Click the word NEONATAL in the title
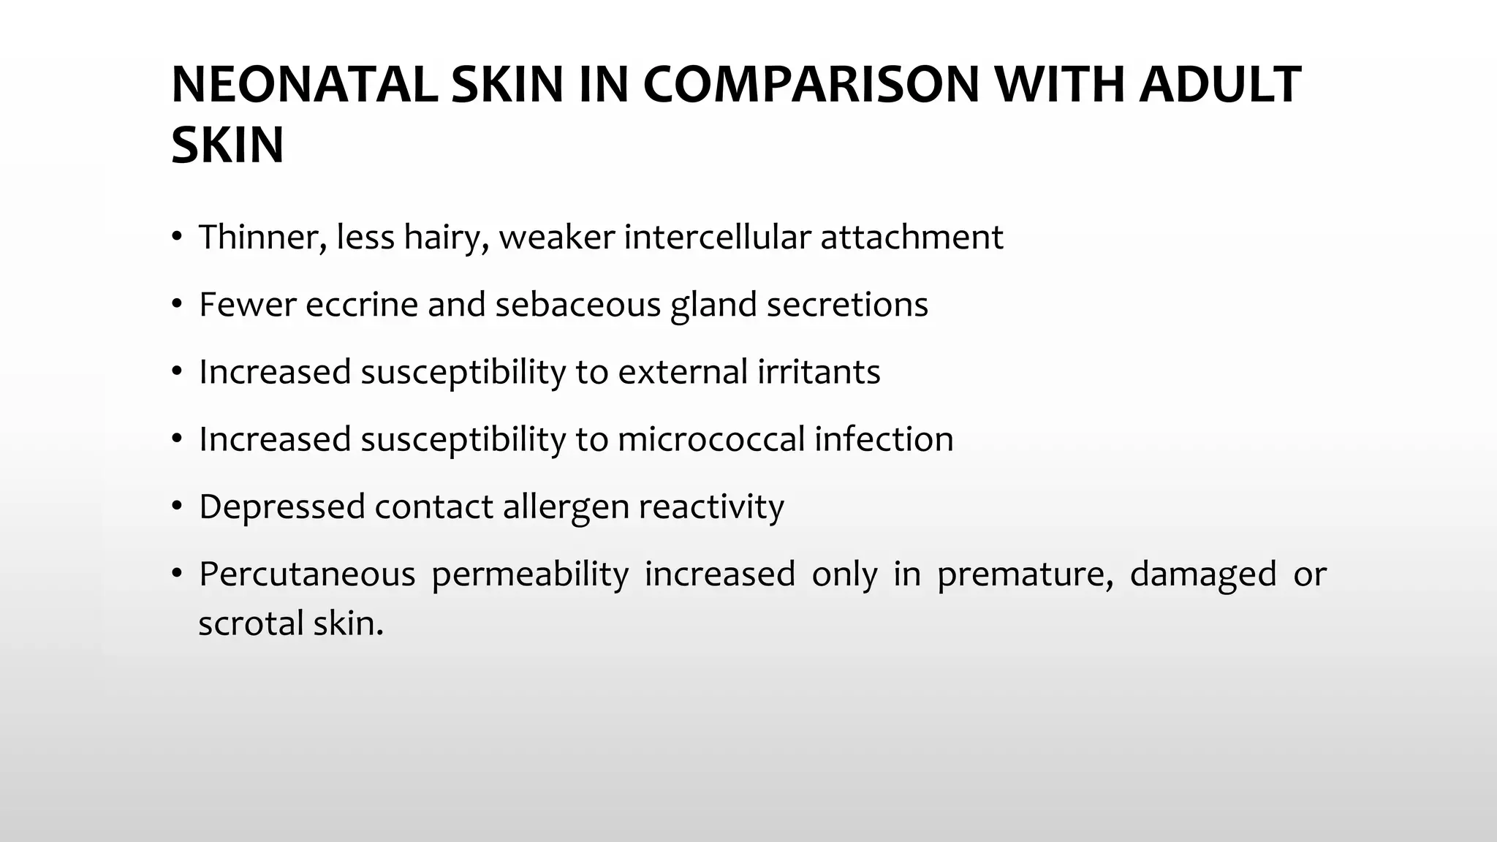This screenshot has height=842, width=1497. (x=304, y=86)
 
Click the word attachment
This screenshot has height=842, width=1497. (x=912, y=238)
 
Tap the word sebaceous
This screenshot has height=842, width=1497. (x=577, y=305)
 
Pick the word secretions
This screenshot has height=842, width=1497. (x=847, y=305)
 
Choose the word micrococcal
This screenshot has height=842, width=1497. (x=710, y=439)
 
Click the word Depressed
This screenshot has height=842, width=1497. (x=281, y=507)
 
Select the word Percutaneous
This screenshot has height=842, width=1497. (x=306, y=574)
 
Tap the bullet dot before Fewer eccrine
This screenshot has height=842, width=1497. (x=176, y=305)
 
